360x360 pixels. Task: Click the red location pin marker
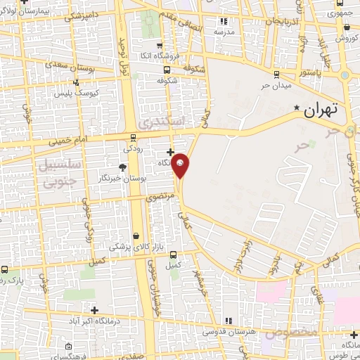(181, 165)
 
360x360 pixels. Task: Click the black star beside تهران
(297, 108)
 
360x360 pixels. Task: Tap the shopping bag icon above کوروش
(347, 27)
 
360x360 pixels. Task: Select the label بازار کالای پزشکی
(135, 247)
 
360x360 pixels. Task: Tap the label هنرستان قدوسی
(229, 330)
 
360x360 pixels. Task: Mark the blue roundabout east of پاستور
(345, 75)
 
